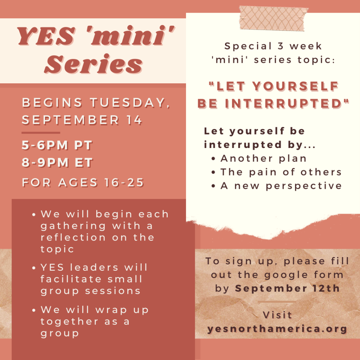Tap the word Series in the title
pos(94,64)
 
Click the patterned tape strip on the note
pos(273,18)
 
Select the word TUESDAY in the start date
pos(130,102)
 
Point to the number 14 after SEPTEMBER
pos(134,120)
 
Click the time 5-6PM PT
pos(57,145)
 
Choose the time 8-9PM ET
pos(57,162)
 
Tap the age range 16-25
pos(124,182)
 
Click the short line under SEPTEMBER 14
pos(41,133)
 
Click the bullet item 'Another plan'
pos(263,159)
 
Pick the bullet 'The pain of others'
pos(281,172)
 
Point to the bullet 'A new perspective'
pos(281,186)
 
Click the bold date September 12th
pos(288,288)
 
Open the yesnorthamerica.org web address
pos(277,329)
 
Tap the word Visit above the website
pos(277,315)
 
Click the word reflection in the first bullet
pos(73,237)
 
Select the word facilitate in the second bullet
pos(71,279)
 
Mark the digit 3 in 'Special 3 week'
pos(280,46)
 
